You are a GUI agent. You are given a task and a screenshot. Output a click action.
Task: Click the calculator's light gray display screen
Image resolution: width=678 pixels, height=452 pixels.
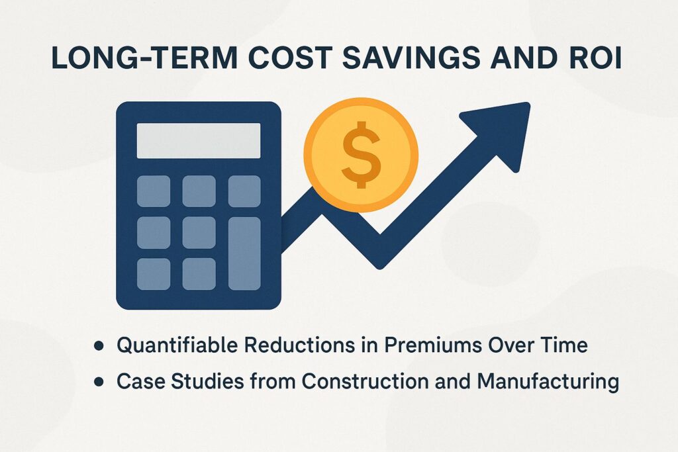point(199,140)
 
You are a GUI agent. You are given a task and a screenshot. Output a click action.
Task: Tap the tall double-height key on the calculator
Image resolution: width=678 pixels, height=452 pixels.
point(244,253)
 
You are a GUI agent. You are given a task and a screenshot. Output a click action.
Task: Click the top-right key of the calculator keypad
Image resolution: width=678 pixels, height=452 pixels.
point(244,191)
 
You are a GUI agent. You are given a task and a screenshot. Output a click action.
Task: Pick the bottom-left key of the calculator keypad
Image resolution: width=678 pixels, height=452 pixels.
point(154,274)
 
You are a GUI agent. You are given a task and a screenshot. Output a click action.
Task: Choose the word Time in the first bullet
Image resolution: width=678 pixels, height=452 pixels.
point(565,345)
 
